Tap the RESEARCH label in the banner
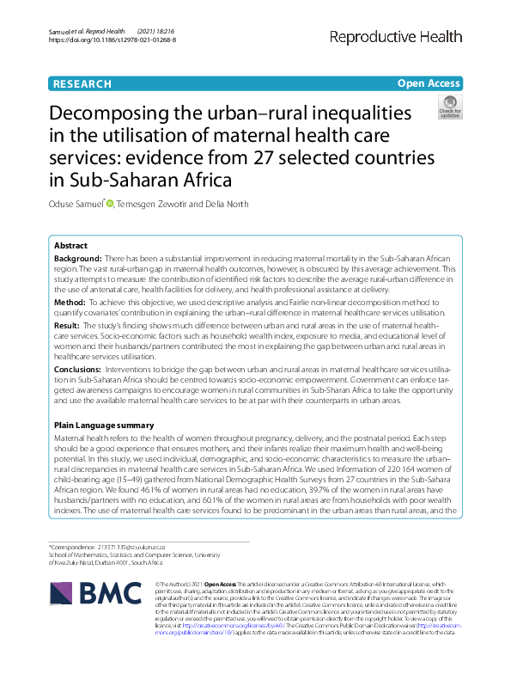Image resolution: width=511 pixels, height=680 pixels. [82, 84]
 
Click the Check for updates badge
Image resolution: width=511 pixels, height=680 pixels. [449, 107]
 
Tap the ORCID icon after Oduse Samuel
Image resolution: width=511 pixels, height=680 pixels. [109, 203]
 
